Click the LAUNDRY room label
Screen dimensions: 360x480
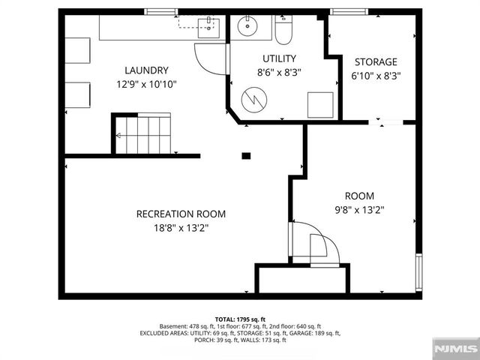click(142, 70)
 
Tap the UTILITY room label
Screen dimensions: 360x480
click(279, 58)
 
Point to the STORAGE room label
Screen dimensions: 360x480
click(376, 61)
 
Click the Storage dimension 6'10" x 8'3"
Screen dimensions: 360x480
click(376, 75)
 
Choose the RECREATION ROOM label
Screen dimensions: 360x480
click(181, 214)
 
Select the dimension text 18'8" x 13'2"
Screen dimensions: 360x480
click(181, 227)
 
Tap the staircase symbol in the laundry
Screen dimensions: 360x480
click(142, 134)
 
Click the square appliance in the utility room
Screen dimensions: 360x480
click(319, 103)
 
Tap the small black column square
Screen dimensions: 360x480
click(245, 156)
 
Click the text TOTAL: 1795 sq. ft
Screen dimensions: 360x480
click(240, 319)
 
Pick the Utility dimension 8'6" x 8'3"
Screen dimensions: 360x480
click(279, 73)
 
